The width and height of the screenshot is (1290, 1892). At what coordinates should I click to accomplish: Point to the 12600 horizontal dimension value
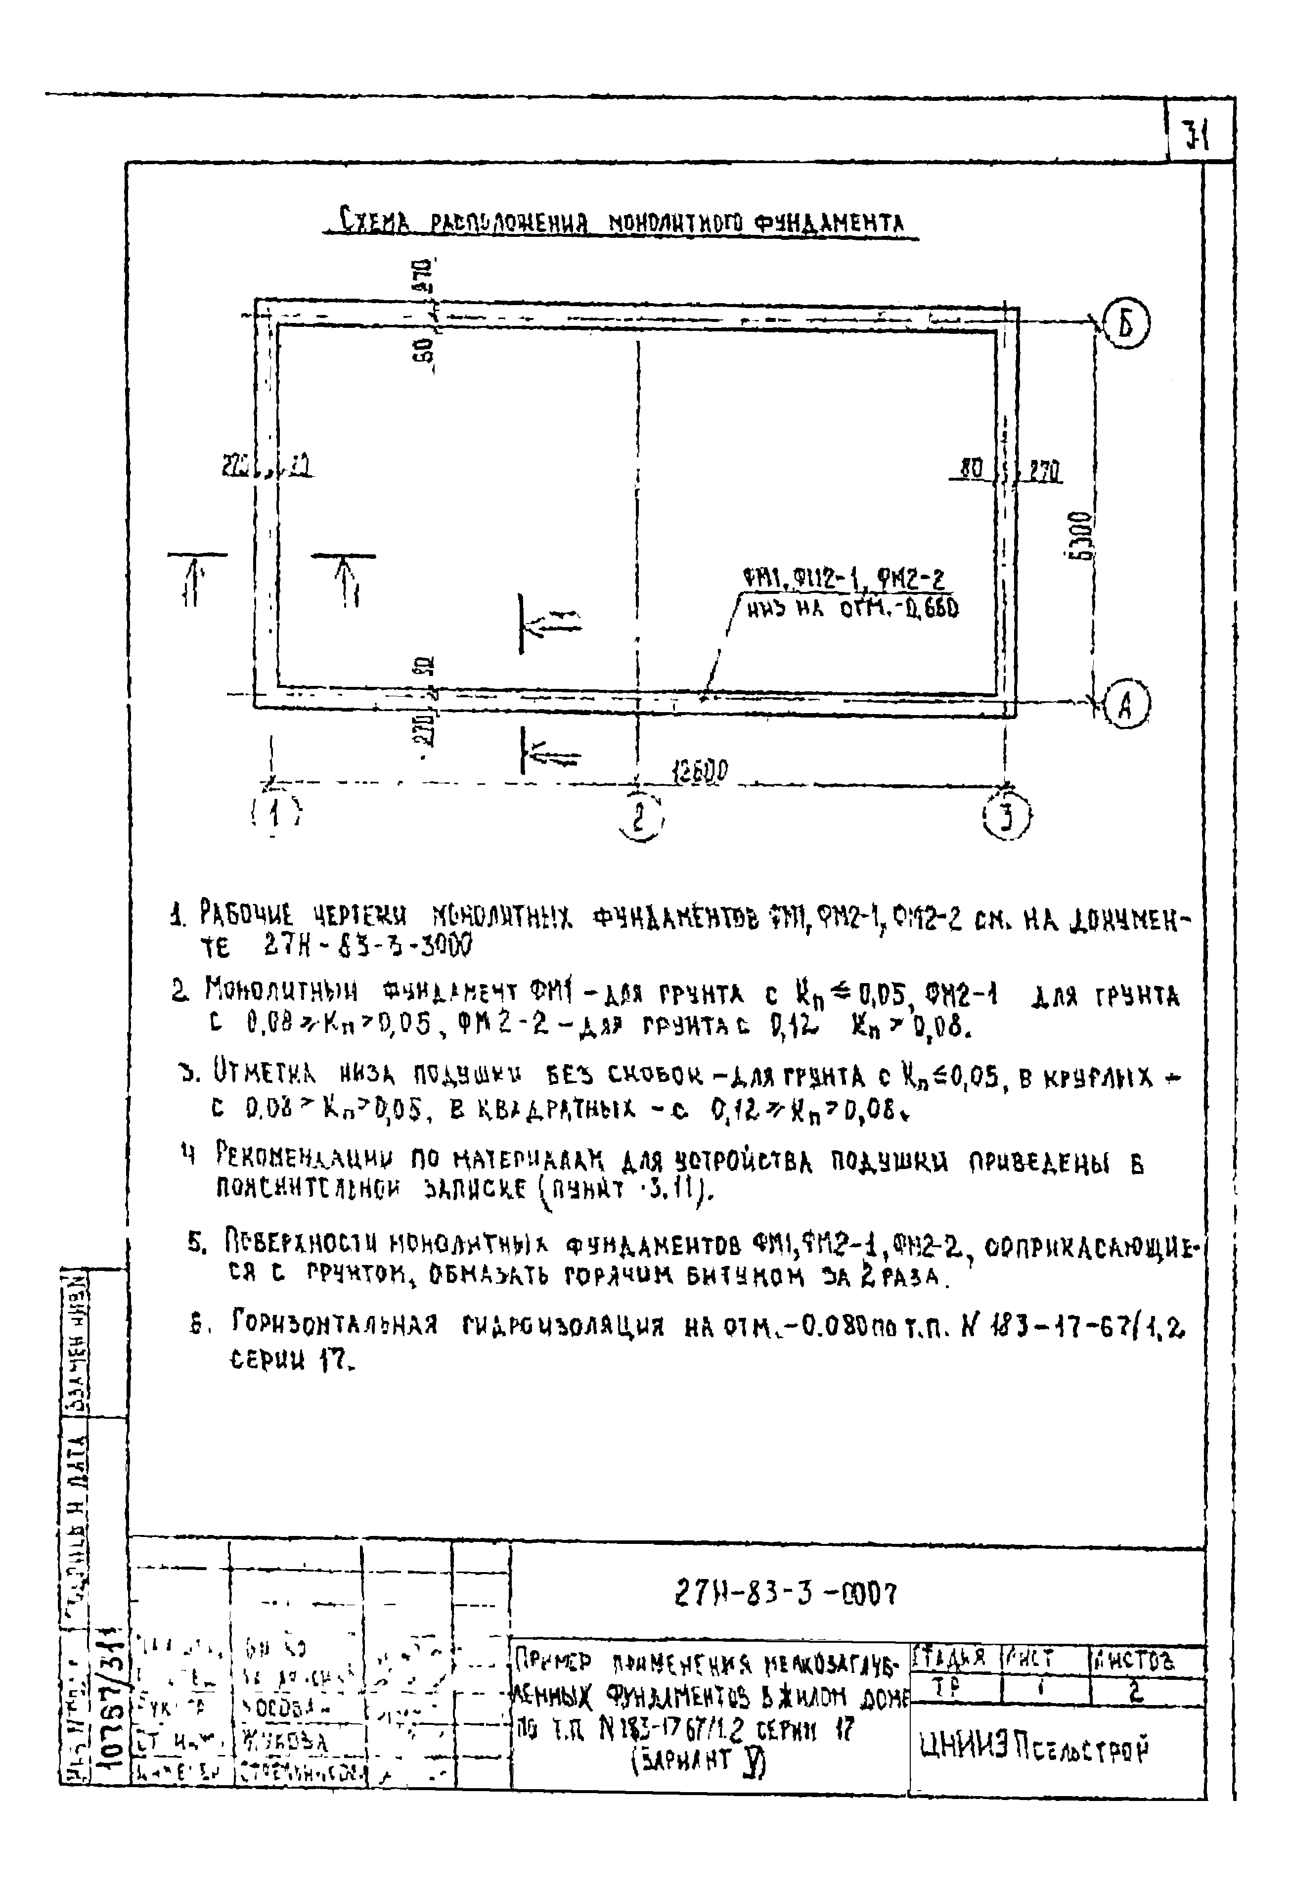point(701,769)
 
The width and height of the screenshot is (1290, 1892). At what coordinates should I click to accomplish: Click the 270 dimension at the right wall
point(1044,471)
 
